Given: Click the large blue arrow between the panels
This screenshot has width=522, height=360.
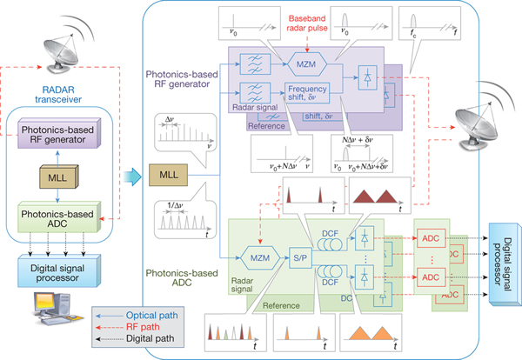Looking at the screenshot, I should [x=130, y=176].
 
